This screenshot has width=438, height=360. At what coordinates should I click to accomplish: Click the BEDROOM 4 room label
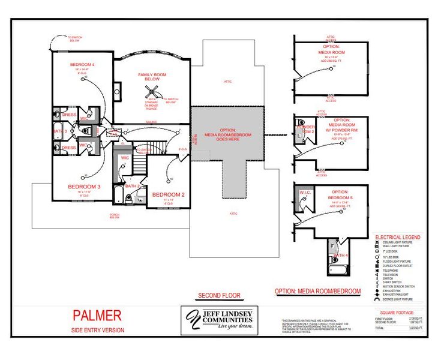tap(82, 64)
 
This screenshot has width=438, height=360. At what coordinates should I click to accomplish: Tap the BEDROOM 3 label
tap(83, 187)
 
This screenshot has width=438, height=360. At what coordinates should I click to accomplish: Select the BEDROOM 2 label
tap(168, 195)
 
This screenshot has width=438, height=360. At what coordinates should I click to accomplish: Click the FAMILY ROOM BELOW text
tap(152, 77)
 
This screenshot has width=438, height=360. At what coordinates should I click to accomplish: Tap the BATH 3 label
tap(59, 131)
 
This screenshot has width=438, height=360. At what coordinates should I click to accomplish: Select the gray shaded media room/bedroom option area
tap(228, 135)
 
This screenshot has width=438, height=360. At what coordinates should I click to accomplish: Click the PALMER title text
tap(97, 315)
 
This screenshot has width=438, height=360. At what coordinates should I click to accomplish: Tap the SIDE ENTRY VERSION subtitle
tap(98, 330)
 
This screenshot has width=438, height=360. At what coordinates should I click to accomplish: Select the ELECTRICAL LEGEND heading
tap(397, 237)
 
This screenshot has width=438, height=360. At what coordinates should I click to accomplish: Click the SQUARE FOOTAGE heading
tap(398, 311)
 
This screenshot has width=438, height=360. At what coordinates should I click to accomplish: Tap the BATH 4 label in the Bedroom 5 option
tap(340, 256)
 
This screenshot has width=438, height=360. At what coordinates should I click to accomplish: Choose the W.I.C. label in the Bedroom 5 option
tap(304, 192)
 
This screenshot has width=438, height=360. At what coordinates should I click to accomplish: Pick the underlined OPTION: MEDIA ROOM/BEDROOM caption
tap(318, 291)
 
